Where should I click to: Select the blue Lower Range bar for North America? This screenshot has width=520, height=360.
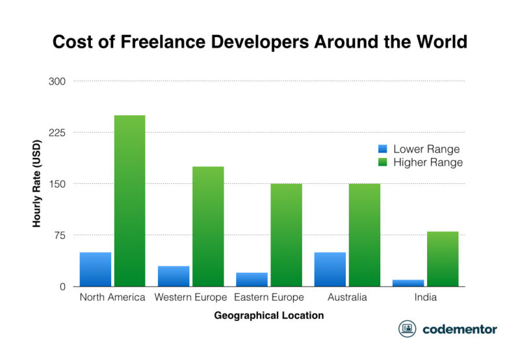tap(96, 269)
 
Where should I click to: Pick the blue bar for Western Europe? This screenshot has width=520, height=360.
tap(174, 276)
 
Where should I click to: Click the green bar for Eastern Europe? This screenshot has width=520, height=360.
tap(286, 235)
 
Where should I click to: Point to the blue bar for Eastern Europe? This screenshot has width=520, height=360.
tap(252, 279)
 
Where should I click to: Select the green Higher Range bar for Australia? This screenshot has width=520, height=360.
tap(364, 235)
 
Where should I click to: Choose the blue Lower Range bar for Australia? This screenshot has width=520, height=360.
tap(330, 269)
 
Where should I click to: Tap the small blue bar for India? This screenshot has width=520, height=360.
tap(408, 283)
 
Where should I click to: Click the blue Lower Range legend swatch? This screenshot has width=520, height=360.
tap(383, 149)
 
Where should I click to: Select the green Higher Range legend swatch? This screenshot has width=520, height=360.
tap(383, 162)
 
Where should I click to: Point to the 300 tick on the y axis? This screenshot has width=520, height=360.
tap(57, 81)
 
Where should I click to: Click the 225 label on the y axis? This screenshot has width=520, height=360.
tap(57, 133)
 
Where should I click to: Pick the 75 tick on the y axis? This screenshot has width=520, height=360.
tap(60, 235)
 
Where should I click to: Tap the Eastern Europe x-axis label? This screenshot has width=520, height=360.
tap(268, 298)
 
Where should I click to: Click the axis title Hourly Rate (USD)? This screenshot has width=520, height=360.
tap(37, 184)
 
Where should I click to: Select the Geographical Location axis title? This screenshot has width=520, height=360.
tap(268, 316)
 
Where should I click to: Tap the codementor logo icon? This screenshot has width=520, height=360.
tap(408, 329)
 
